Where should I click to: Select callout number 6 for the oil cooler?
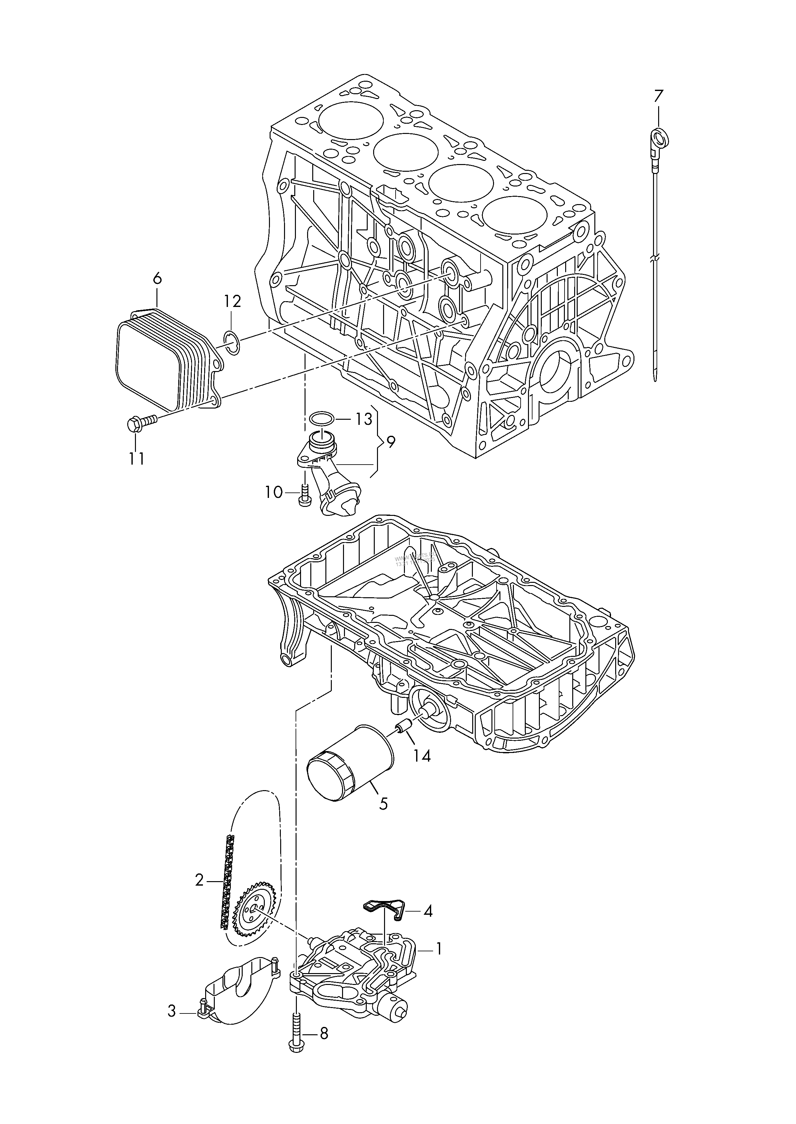point(157,279)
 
